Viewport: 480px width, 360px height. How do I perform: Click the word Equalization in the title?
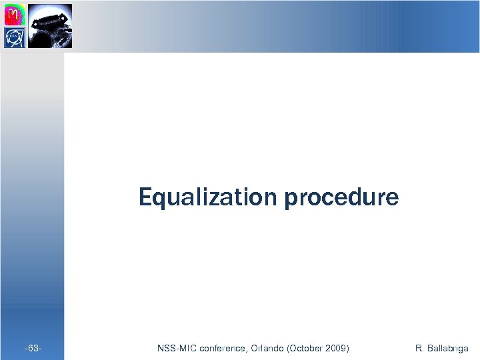[209, 197]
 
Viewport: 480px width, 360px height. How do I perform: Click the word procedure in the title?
[341, 199]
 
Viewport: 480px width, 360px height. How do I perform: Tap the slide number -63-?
[33, 348]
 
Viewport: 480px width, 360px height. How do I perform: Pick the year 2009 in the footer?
[336, 348]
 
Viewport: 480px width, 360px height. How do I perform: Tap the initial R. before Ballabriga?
[419, 348]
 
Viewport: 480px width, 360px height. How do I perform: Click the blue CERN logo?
[15, 37]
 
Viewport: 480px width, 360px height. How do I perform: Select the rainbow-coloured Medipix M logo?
[15, 15]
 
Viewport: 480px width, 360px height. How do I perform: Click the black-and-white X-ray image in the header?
[50, 26]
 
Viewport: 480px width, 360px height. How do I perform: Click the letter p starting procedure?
[290, 200]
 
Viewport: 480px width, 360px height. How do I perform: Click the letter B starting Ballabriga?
[429, 348]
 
